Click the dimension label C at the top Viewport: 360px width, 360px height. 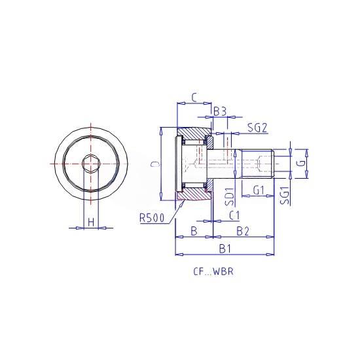click(194, 98)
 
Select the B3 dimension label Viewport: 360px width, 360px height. click(220, 111)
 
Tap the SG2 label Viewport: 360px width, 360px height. click(258, 128)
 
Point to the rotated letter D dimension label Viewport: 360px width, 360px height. click(156, 164)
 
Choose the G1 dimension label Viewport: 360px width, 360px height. click(259, 190)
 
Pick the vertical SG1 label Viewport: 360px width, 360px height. click(285, 195)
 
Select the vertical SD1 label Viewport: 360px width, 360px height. click(229, 196)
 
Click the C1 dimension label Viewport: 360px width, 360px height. click(234, 215)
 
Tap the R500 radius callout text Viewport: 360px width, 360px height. click(153, 218)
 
